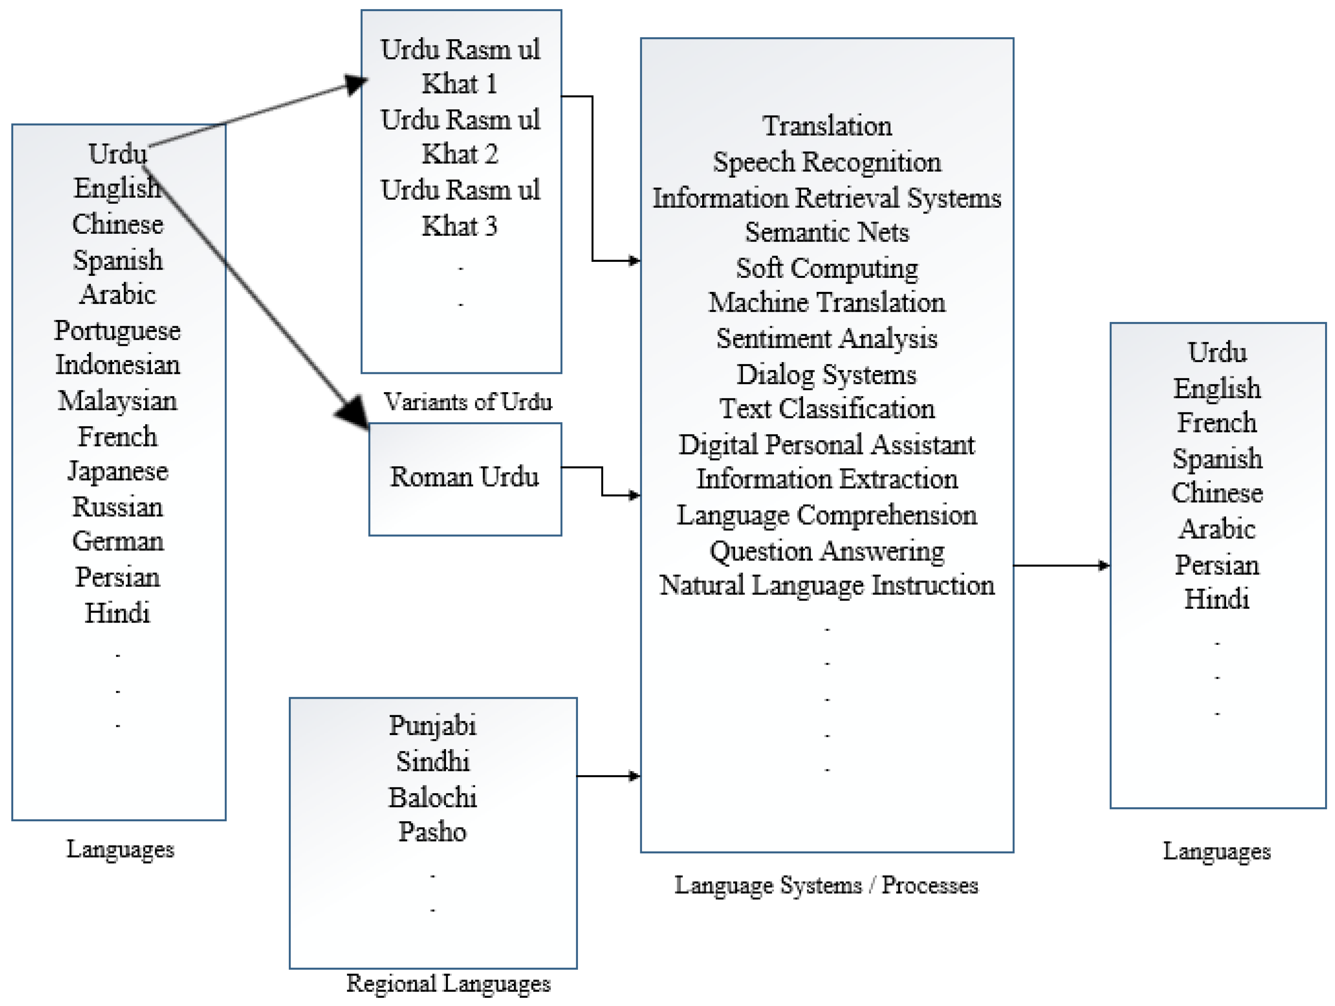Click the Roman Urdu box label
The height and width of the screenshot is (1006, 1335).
click(464, 477)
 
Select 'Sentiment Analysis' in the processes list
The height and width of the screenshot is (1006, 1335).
click(826, 338)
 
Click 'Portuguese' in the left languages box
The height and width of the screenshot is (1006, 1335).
click(117, 331)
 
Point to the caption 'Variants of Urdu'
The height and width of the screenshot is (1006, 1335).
click(468, 402)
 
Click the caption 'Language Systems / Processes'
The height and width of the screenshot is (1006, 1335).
click(826, 885)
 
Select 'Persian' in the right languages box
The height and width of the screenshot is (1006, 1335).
click(1217, 565)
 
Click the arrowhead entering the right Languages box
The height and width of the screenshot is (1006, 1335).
click(1104, 566)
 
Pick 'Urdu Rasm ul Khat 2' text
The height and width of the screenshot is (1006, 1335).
click(460, 137)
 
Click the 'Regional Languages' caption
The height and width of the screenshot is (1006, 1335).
click(448, 984)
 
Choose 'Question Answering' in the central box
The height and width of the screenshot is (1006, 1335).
click(826, 551)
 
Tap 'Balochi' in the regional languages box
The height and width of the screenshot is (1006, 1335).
click(432, 797)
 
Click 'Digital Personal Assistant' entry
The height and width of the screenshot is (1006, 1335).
click(826, 444)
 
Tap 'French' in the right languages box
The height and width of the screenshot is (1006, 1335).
click(1217, 422)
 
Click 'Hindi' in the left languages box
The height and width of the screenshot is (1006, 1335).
click(117, 613)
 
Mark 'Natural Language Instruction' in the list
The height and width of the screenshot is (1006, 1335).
click(826, 585)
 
